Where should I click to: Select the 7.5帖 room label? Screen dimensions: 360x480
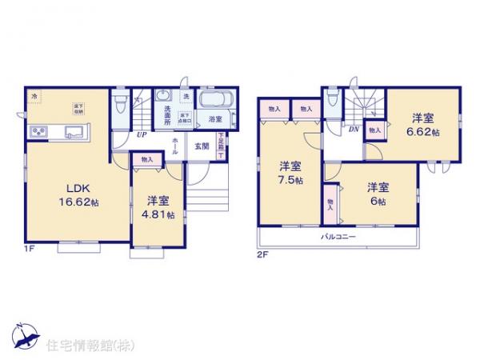tap(290, 174)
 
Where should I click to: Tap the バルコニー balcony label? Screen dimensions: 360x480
tap(338, 237)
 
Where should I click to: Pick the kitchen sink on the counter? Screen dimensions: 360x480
tap(74, 131)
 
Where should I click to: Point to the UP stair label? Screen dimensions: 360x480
tap(141, 134)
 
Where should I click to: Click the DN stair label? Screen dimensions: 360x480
tap(352, 129)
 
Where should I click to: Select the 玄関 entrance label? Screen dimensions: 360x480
tap(201, 146)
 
